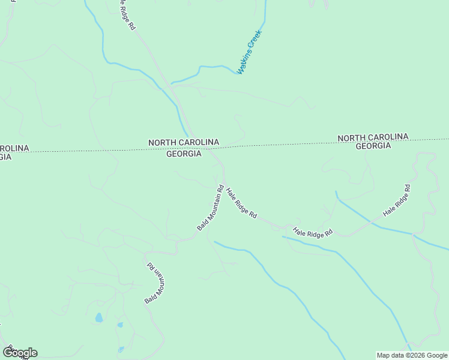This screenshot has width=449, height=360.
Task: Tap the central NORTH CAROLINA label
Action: pyautogui.click(x=184, y=142)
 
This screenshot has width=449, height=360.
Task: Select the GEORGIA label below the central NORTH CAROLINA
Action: pyautogui.click(x=184, y=154)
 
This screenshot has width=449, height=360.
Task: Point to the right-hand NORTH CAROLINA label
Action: pyautogui.click(x=373, y=137)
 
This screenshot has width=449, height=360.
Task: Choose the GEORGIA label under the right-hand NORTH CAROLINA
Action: pyautogui.click(x=373, y=146)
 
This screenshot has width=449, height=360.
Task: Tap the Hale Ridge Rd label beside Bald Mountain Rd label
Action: pyautogui.click(x=242, y=203)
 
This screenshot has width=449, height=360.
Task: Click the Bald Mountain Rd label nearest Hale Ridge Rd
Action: pyautogui.click(x=209, y=208)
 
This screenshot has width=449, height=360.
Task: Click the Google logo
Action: pyautogui.click(x=20, y=353)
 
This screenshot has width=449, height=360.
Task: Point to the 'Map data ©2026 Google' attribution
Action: pyautogui.click(x=412, y=355)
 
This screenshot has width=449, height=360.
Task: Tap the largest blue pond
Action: pyautogui.click(x=98, y=317)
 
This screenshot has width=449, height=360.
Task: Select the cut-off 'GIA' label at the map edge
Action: pyautogui.click(x=5, y=157)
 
